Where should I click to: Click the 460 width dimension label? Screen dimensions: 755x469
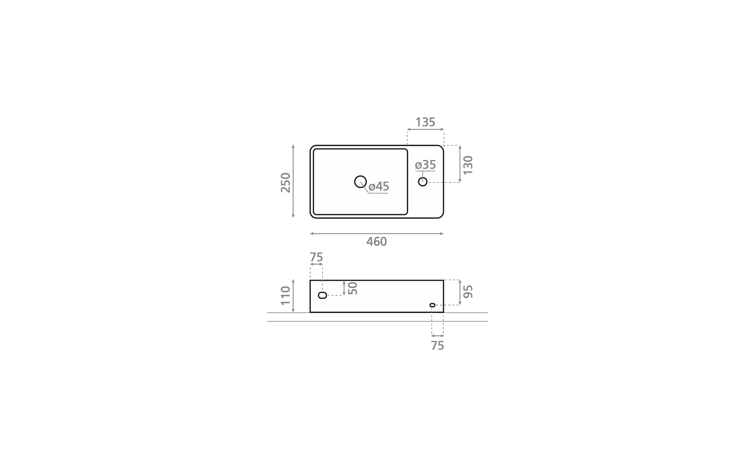tap(376, 242)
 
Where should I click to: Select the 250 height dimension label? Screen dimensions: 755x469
tap(286, 182)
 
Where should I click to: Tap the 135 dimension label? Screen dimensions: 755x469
tap(425, 122)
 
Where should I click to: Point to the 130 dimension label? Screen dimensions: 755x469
tap(468, 165)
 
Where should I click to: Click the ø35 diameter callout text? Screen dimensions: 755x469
tap(425, 165)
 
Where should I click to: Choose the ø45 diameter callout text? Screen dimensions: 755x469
tap(379, 186)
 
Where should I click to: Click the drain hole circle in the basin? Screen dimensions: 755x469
tap(360, 181)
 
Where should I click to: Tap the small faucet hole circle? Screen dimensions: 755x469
tap(423, 181)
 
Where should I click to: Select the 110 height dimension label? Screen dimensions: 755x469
tap(286, 295)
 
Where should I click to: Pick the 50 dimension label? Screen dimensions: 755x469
tap(353, 288)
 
